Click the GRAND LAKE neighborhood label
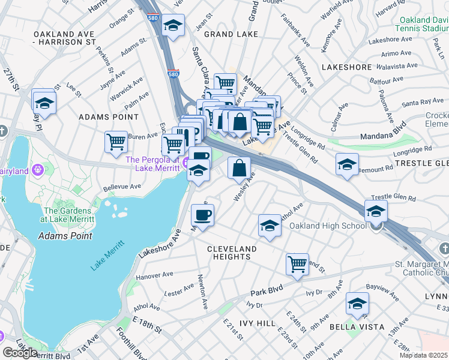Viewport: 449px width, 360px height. click(x=228, y=34)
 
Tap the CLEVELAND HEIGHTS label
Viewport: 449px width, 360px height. click(x=232, y=253)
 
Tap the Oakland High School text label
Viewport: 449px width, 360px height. click(x=328, y=226)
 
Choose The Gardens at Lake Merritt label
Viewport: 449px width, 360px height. click(x=67, y=215)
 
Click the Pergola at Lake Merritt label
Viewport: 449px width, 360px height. click(x=152, y=164)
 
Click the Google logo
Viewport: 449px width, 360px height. click(x=20, y=353)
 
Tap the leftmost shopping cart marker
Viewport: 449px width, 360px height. click(x=116, y=142)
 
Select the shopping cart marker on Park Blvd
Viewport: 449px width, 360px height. click(x=297, y=264)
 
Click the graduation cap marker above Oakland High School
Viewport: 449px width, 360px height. click(x=376, y=211)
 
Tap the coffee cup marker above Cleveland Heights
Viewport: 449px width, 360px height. click(x=202, y=215)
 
